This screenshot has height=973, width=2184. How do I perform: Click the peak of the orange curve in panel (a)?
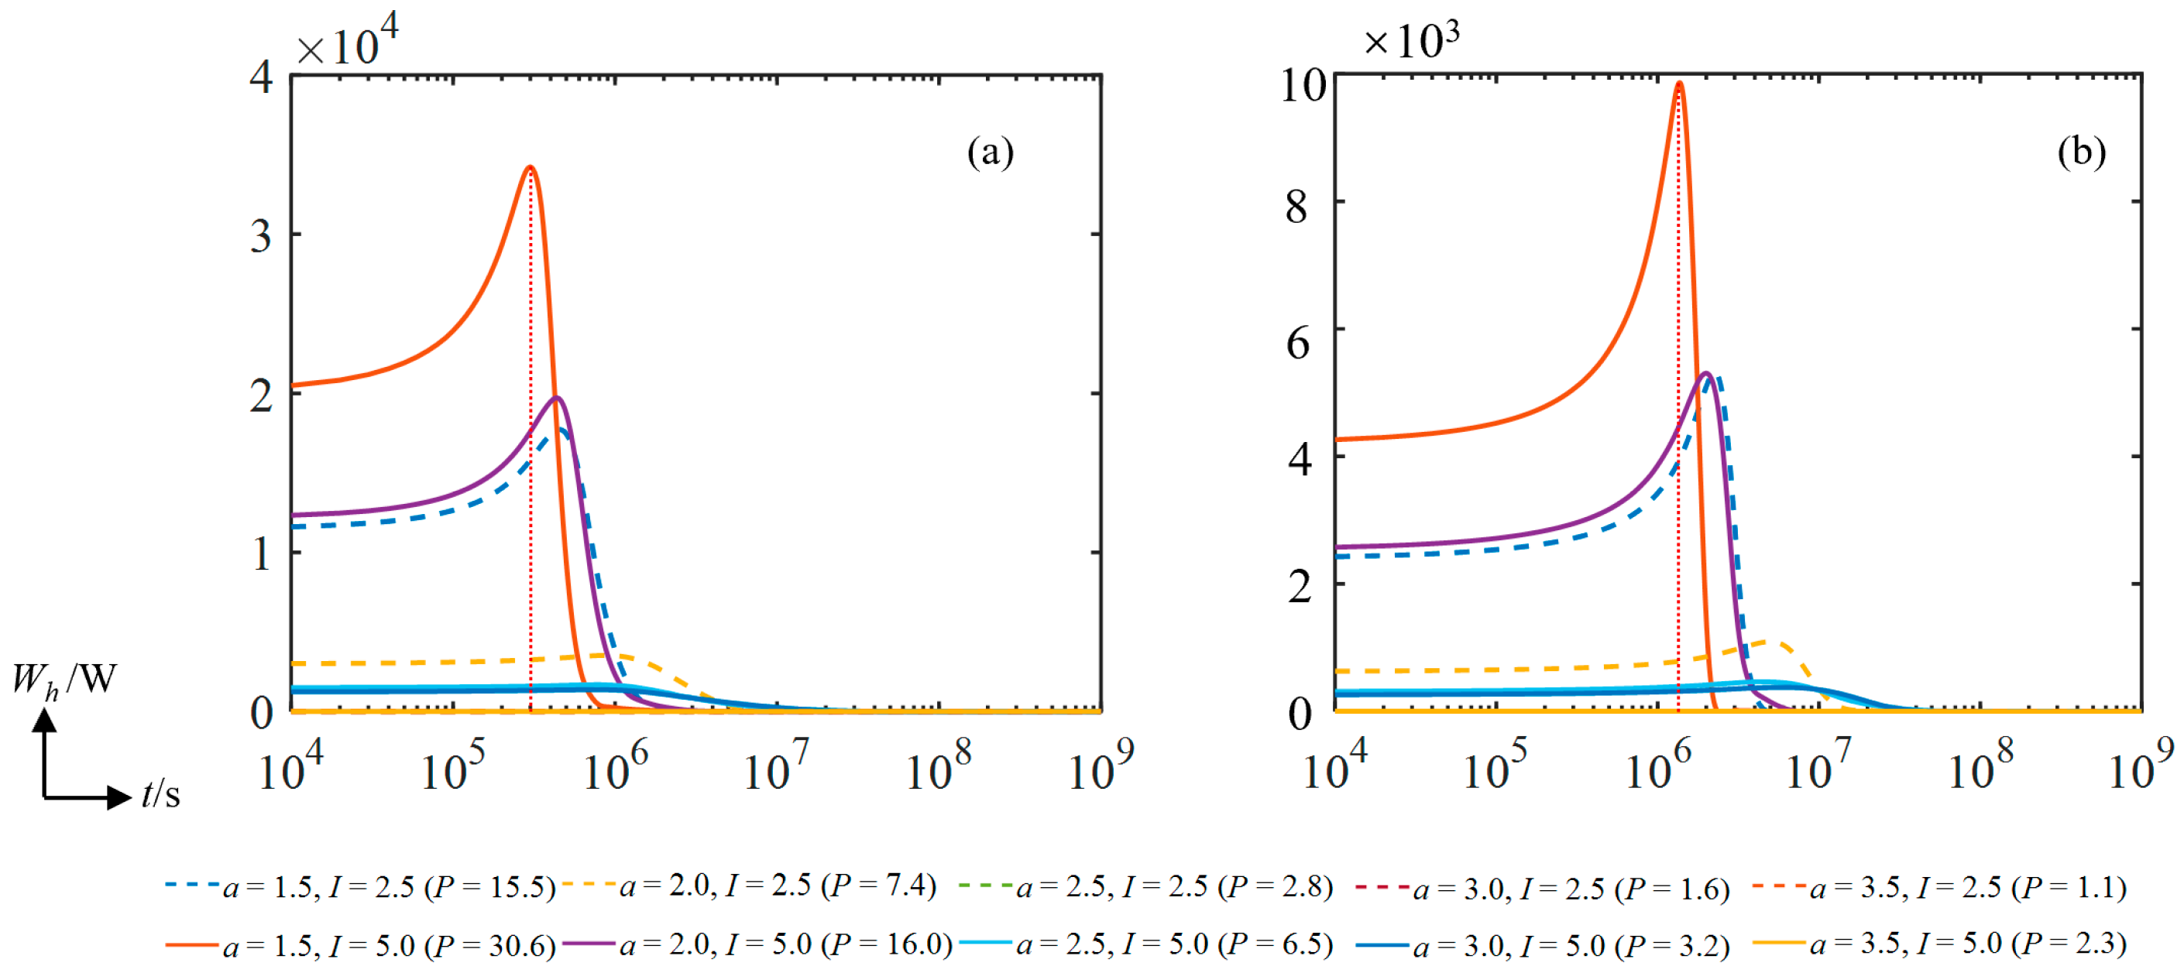pos(531,168)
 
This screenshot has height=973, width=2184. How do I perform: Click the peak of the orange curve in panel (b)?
pos(1679,84)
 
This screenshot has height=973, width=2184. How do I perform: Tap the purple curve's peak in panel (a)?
pos(557,398)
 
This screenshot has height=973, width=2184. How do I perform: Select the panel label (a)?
pos(991,152)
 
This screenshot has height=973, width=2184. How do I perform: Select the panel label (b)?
pos(2082,152)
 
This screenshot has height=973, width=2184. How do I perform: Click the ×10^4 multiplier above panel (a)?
pos(347,43)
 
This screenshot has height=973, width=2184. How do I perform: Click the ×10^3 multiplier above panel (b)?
pos(1411,39)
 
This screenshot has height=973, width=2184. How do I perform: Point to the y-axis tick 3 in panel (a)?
pos(261,236)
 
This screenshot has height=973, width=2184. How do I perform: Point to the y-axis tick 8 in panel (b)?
pos(1296,206)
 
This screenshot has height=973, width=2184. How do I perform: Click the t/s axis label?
pos(160,794)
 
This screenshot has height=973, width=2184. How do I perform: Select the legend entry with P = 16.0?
pos(785,945)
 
